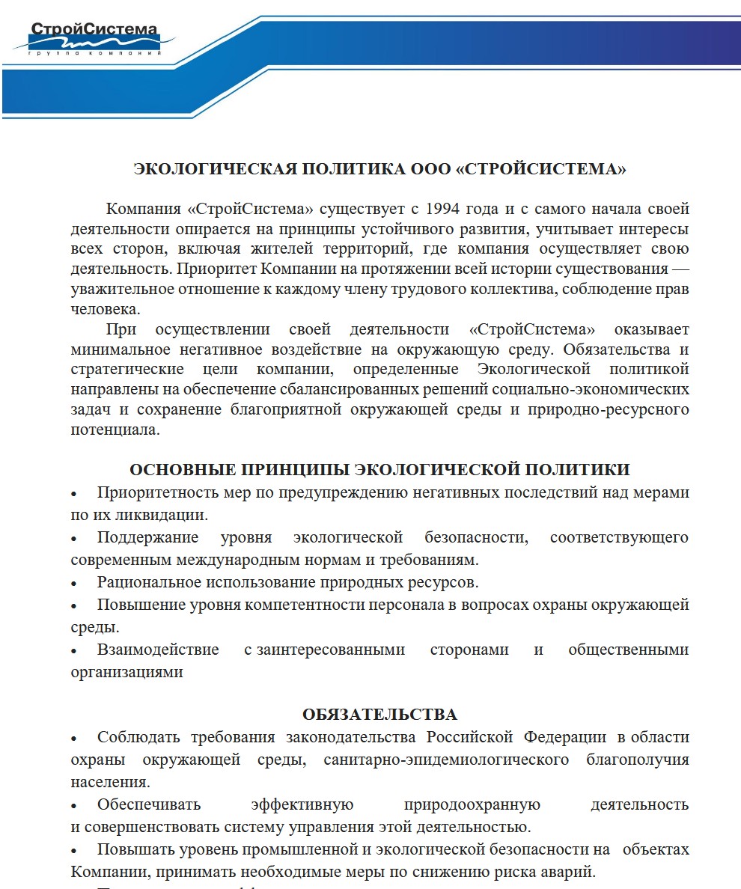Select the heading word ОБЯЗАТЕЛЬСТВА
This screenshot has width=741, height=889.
[379, 713]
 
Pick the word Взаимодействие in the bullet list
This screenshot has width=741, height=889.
[158, 649]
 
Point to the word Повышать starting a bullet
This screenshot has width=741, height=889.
[134, 849]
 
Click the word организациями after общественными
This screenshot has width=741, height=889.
[126, 671]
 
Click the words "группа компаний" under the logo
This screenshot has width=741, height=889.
[94, 55]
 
